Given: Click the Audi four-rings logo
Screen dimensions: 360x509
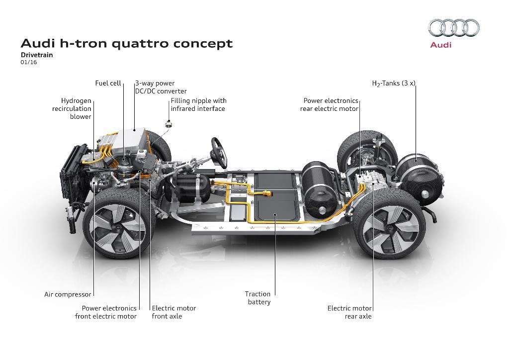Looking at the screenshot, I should point(454,28).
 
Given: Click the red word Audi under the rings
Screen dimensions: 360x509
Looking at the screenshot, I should point(440,45).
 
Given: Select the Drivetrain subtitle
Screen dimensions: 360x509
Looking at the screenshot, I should point(37,55).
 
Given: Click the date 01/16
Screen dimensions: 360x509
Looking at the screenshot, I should point(29,63).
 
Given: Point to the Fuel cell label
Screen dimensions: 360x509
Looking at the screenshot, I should point(108,84).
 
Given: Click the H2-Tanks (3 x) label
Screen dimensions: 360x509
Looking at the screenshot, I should point(393,84).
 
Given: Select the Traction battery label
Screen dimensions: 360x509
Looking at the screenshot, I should point(258,298).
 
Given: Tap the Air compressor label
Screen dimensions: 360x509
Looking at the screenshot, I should point(68,294).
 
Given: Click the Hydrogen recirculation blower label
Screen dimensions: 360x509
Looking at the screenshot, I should point(72,108).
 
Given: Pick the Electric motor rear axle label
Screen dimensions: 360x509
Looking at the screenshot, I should point(349,312).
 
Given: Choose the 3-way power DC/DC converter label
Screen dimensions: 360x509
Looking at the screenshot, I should point(161,87).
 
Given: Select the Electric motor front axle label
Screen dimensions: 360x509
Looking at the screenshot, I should point(173,312).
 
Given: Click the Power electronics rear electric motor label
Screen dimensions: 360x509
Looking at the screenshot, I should point(329,104).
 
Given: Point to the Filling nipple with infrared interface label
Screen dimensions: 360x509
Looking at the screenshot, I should point(198,104).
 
